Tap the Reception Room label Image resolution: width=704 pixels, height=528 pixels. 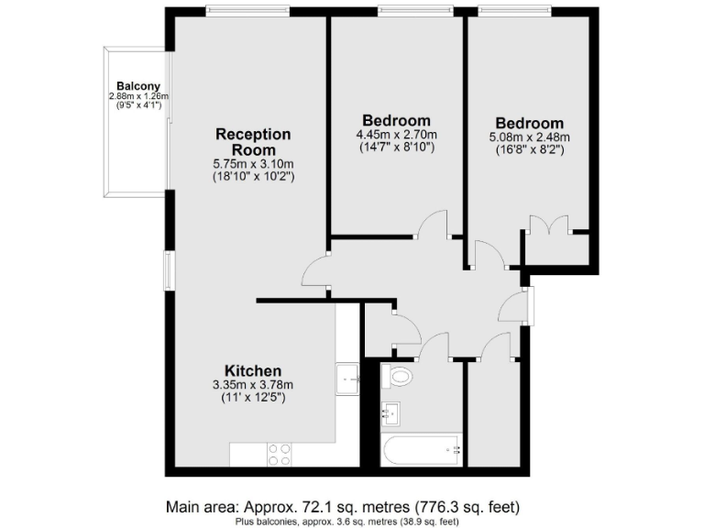[x=254, y=142]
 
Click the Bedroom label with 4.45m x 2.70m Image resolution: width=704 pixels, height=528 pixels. [x=396, y=120]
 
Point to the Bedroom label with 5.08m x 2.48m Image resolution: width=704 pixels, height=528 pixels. [x=529, y=124]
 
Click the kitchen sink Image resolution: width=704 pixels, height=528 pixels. [x=347, y=377]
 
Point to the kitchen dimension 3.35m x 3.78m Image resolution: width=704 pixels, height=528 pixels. [x=252, y=385]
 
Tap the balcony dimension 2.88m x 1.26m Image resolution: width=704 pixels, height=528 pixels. [x=138, y=96]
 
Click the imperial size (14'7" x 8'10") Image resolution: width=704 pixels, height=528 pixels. [x=396, y=147]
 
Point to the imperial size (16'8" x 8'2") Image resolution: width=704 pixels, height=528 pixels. [x=529, y=150]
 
